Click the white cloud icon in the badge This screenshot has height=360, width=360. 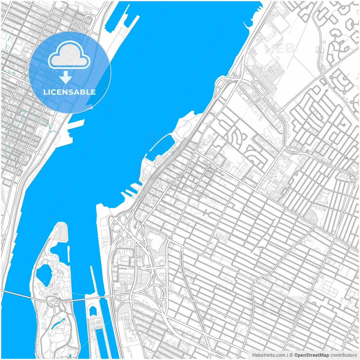(x=69, y=55)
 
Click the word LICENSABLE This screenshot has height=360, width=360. (x=69, y=92)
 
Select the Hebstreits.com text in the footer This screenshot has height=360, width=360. (x=268, y=355)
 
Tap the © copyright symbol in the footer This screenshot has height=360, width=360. (x=291, y=355)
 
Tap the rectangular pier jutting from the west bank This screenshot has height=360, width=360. (x=76, y=124)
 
